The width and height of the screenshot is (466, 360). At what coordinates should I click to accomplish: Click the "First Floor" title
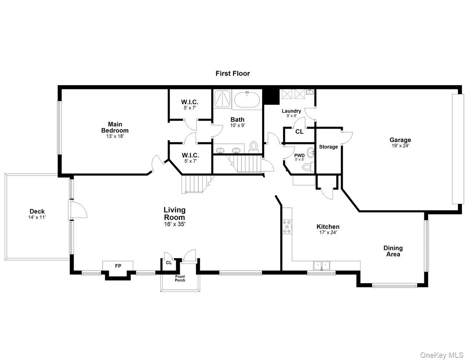(x=233, y=74)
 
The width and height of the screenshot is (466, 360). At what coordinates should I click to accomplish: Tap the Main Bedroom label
(x=115, y=127)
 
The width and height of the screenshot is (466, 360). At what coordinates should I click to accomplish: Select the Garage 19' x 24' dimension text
(x=400, y=146)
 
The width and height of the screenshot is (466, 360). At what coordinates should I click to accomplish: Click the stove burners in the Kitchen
(x=287, y=226)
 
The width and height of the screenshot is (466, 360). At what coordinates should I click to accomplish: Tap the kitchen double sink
(x=321, y=266)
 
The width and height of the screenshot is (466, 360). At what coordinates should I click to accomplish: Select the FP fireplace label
(x=118, y=266)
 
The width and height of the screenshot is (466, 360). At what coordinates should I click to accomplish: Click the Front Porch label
(x=180, y=278)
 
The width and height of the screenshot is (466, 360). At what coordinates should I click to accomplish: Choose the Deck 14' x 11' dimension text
(x=37, y=217)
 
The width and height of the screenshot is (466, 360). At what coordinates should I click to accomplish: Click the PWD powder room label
(x=299, y=155)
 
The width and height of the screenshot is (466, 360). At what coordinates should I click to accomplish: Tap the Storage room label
(x=328, y=147)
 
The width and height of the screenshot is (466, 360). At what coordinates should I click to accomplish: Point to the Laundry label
(x=291, y=111)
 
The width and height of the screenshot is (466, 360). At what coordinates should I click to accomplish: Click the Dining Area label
(x=393, y=251)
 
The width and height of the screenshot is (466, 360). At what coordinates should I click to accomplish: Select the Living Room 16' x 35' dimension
(x=174, y=224)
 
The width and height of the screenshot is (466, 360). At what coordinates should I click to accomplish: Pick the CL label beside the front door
(x=169, y=262)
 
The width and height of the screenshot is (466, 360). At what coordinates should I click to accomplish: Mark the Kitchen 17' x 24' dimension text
(x=328, y=232)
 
